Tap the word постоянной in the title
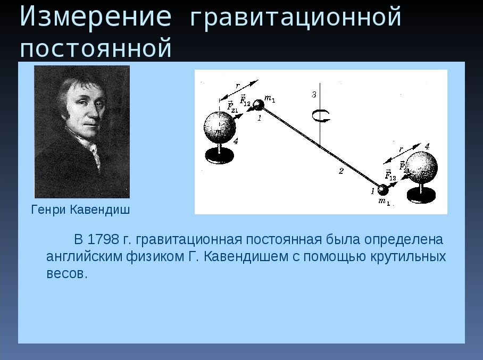point(96,48)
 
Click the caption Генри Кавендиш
point(80,210)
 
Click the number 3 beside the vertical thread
point(314,94)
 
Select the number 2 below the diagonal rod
point(341,171)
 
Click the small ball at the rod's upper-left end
point(258,105)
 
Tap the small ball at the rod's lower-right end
point(383,190)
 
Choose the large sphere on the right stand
point(421,168)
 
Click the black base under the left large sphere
point(220,155)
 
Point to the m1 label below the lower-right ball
point(384,202)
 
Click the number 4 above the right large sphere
point(427,147)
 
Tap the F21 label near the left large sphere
point(232,106)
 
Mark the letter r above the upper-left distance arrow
point(237,86)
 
